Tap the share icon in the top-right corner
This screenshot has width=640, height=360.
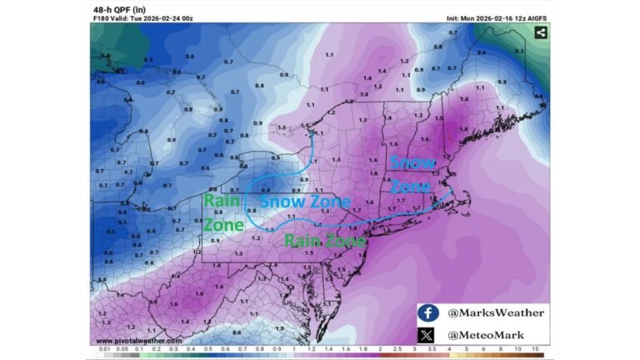[x=540, y=32]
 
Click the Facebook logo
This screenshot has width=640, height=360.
[x=427, y=312]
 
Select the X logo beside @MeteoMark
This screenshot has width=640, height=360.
[x=427, y=334]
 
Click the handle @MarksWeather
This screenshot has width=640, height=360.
[x=496, y=312]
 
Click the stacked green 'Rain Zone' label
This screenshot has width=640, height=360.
[x=222, y=211]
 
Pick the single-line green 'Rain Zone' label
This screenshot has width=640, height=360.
[x=325, y=241]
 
